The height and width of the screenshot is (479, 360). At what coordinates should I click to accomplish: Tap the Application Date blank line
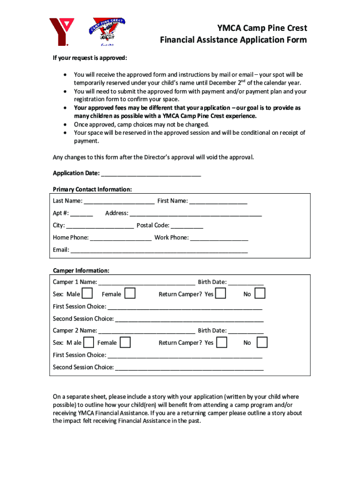pyautogui.click(x=151, y=174)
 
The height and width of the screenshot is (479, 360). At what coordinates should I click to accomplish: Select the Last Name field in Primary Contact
pyautogui.click(x=119, y=201)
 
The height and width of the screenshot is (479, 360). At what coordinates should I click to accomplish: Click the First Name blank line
pyautogui.click(x=218, y=201)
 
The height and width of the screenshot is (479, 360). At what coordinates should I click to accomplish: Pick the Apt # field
pyautogui.click(x=82, y=213)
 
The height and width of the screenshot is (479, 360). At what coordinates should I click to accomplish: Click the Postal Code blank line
pyautogui.click(x=187, y=225)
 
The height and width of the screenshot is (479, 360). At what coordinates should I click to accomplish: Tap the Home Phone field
pyautogui.click(x=121, y=238)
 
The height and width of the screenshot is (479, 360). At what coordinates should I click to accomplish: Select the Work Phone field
pyautogui.click(x=219, y=238)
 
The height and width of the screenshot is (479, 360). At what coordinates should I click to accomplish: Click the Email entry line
pyautogui.click(x=159, y=250)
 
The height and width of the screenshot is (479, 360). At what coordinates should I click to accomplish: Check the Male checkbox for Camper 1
pyautogui.click(x=87, y=294)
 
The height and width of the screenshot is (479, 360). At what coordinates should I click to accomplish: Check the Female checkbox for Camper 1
pyautogui.click(x=130, y=294)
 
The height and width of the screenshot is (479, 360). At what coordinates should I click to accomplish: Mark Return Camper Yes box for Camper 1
pyautogui.click(x=221, y=294)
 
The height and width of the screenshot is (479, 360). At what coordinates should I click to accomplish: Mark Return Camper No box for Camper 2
pyautogui.click(x=262, y=342)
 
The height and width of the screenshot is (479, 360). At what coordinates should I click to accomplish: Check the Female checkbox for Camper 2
pyautogui.click(x=125, y=342)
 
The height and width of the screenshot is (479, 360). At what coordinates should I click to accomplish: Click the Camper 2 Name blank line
pyautogui.click(x=147, y=331)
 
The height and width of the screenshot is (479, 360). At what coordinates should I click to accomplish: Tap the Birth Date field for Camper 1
pyautogui.click(x=246, y=282)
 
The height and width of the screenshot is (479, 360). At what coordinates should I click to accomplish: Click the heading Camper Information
pyautogui.click(x=81, y=271)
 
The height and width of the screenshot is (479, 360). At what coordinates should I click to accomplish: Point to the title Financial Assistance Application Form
pyautogui.click(x=233, y=40)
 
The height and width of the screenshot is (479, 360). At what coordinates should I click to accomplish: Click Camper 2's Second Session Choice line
pyautogui.click(x=189, y=367)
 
